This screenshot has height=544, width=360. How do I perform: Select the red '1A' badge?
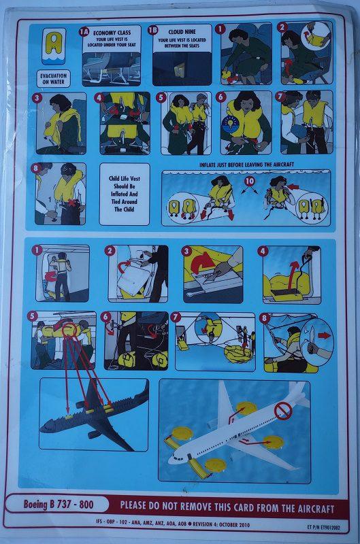[x=84, y=31]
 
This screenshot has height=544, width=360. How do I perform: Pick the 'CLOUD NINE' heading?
[x=183, y=31]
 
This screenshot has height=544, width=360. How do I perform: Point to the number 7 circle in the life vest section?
[x=284, y=97]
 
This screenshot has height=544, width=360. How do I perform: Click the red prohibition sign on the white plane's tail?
[x=283, y=410]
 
